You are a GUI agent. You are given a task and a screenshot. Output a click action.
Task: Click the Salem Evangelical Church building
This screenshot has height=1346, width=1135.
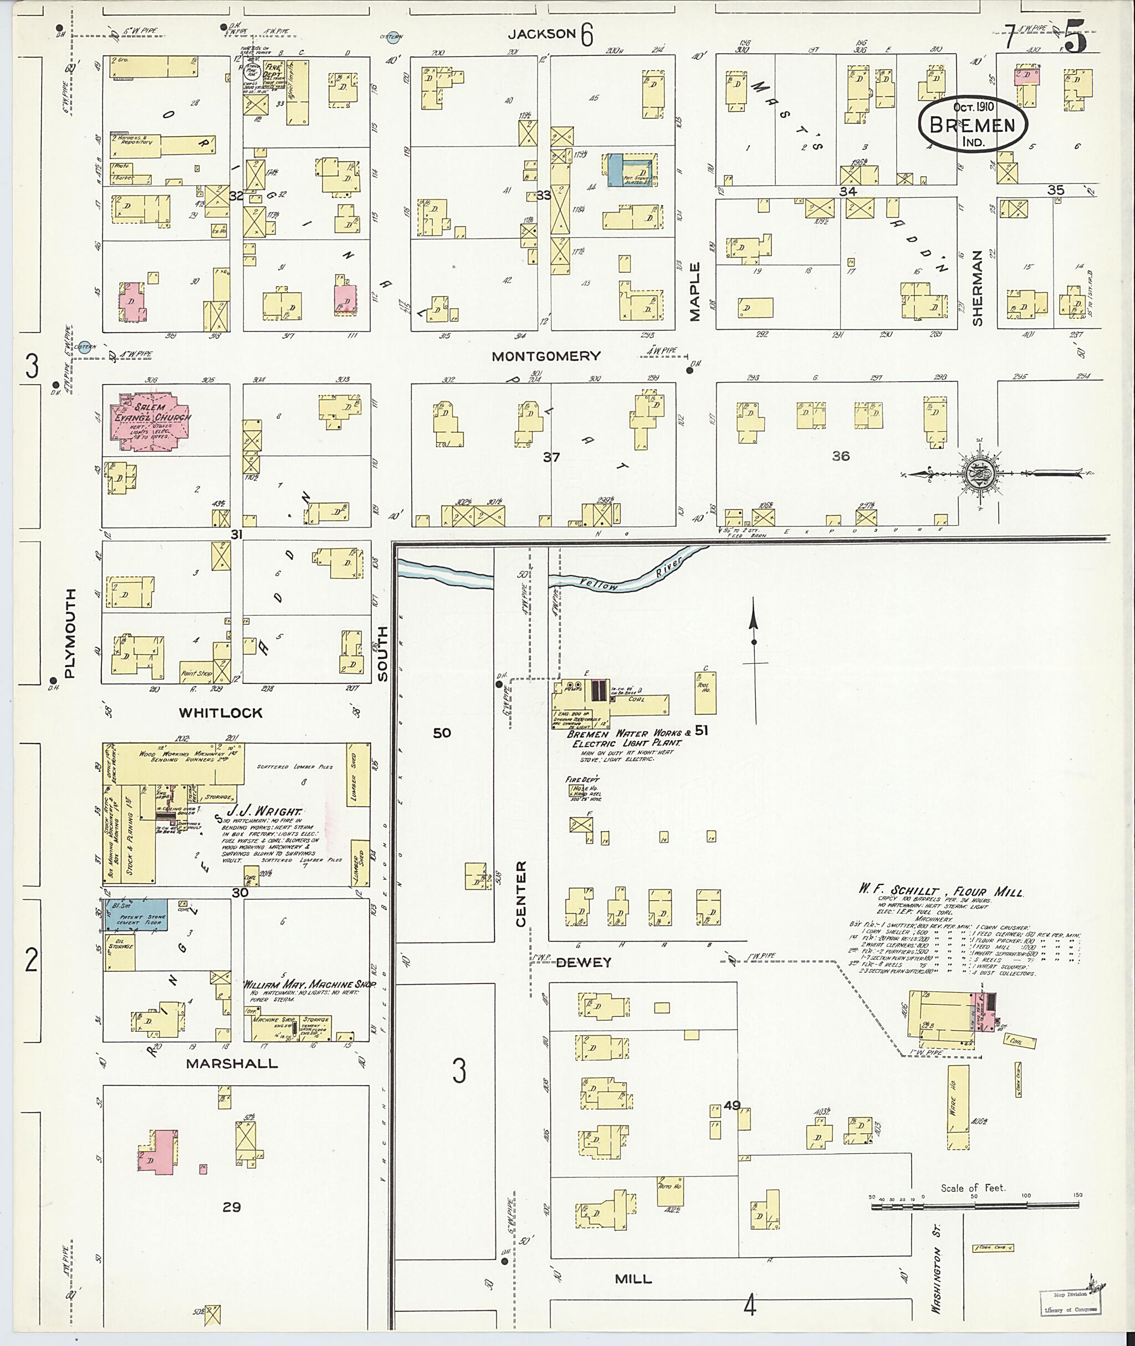point(152,419)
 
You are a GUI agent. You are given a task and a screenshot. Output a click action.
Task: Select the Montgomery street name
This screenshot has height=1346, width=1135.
point(546,356)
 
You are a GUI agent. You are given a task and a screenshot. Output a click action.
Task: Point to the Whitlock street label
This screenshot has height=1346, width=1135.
point(221,713)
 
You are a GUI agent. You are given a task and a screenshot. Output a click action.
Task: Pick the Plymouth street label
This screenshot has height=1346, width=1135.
point(70,633)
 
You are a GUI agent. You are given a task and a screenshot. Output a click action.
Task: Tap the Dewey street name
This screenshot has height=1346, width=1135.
point(584,963)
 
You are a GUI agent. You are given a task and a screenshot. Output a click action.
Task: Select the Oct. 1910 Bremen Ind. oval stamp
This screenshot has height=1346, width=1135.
point(972,124)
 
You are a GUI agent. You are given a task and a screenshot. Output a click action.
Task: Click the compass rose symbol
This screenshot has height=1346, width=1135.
point(982,474)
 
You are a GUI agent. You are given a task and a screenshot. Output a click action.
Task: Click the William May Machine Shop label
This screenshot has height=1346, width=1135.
point(307,984)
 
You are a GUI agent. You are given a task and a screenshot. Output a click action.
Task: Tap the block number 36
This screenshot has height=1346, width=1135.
point(840,456)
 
